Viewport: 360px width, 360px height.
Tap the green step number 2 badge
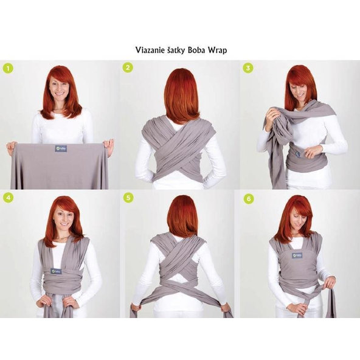pyautogui.click(x=128, y=67)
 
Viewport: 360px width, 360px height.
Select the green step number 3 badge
pyautogui.click(x=247, y=67)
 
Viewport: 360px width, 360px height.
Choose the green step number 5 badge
pyautogui.click(x=128, y=198)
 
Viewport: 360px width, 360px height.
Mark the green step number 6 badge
pyautogui.click(x=247, y=198)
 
